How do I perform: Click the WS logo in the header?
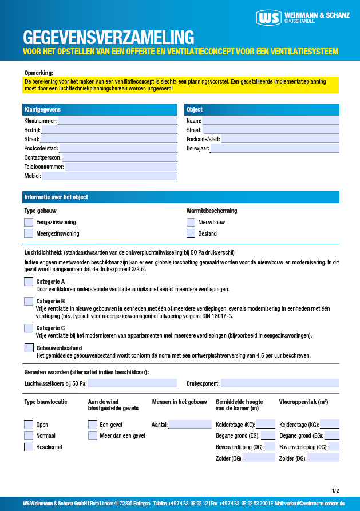tap(269, 18)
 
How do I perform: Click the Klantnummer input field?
tap(117, 121)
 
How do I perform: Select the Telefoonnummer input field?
tap(121, 167)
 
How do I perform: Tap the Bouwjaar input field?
tap(275, 148)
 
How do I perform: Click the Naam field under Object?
tap(271, 121)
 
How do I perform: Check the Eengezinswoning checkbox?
tap(29, 222)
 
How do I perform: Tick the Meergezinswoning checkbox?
tap(29, 233)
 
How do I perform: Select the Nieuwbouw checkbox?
tap(191, 222)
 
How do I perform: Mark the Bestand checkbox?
tap(191, 233)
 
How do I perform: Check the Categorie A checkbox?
tap(29, 282)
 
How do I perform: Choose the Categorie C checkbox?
tap(29, 328)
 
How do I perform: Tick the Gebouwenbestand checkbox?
tap(29, 348)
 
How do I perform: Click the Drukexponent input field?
tap(280, 383)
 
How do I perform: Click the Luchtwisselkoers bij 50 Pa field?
tap(132, 383)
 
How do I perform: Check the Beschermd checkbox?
tap(29, 447)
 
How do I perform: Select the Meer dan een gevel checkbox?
tap(92, 435)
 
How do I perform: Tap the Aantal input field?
tap(189, 425)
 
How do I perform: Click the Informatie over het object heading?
tap(56, 197)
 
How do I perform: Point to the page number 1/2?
tap(335, 490)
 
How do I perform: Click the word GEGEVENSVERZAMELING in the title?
tap(109, 37)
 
